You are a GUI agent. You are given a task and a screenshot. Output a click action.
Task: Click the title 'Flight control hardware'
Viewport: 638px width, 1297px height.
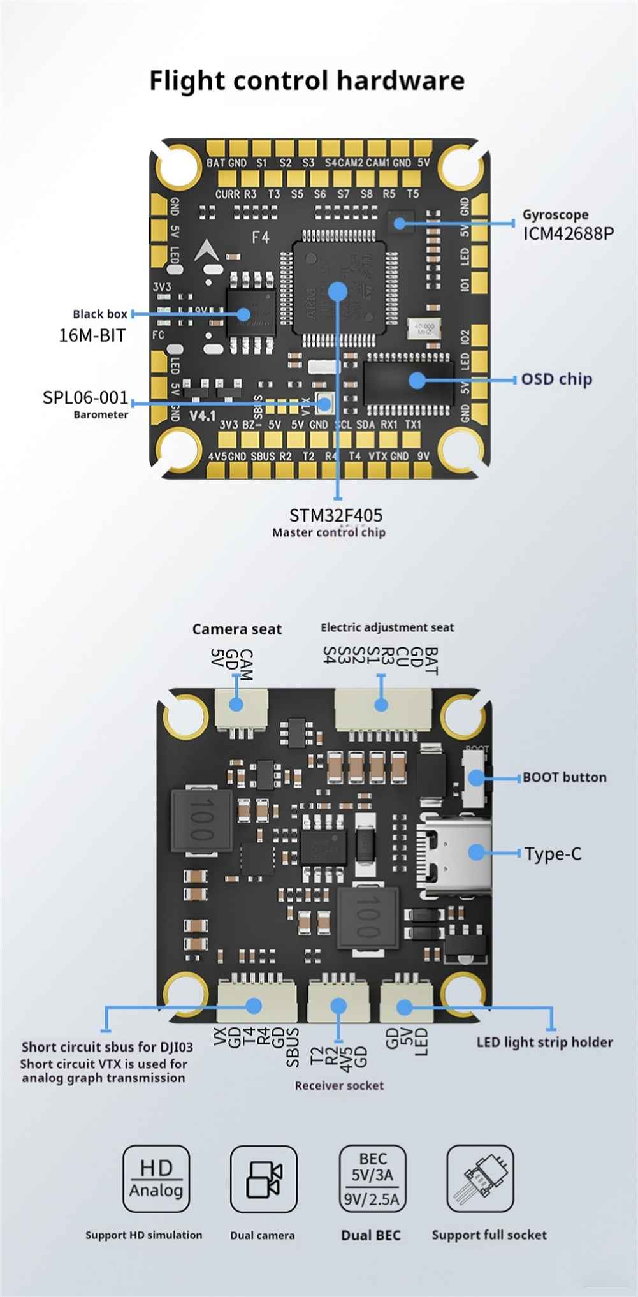[307, 81]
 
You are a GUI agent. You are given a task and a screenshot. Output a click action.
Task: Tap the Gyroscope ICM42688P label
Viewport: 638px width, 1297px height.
[568, 225]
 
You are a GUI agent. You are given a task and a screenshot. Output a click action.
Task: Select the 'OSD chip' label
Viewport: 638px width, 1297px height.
[556, 379]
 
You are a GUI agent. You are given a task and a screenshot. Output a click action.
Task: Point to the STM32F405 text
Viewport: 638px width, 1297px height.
[336, 515]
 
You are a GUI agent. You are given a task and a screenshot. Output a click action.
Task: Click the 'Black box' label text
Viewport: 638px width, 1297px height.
[100, 314]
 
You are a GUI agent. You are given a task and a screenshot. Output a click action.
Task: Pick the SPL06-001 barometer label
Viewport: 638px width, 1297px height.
[85, 399]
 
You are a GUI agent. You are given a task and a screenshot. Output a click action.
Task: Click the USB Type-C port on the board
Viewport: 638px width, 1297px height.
[454, 852]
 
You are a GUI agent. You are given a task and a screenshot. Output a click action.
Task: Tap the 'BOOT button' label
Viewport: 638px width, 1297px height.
[564, 777]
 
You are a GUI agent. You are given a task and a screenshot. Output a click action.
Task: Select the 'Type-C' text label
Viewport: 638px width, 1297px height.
[553, 854]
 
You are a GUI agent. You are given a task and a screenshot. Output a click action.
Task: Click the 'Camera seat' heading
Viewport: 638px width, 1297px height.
[237, 629]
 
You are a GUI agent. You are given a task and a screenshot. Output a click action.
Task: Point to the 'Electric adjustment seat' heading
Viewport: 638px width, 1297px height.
[387, 627]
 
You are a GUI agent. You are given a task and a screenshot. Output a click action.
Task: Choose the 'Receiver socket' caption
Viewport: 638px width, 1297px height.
[339, 1085]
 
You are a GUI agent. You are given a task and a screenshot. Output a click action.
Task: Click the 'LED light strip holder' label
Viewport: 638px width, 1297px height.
[544, 1042]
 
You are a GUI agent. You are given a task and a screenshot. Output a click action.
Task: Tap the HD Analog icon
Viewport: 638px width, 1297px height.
[156, 1178]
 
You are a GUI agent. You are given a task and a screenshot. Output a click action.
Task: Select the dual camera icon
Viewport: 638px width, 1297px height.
[263, 1178]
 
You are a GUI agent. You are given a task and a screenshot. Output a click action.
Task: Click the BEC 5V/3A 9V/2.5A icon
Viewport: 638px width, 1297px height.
[372, 1178]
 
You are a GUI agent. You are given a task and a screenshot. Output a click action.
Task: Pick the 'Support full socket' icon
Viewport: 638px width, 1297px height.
[480, 1178]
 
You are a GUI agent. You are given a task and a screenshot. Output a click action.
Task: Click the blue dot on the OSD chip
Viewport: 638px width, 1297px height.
[417, 380]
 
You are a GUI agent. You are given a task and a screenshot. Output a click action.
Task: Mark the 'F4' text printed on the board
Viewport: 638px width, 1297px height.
[261, 238]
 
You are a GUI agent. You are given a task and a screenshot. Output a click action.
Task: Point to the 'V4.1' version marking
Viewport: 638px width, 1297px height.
[203, 416]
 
